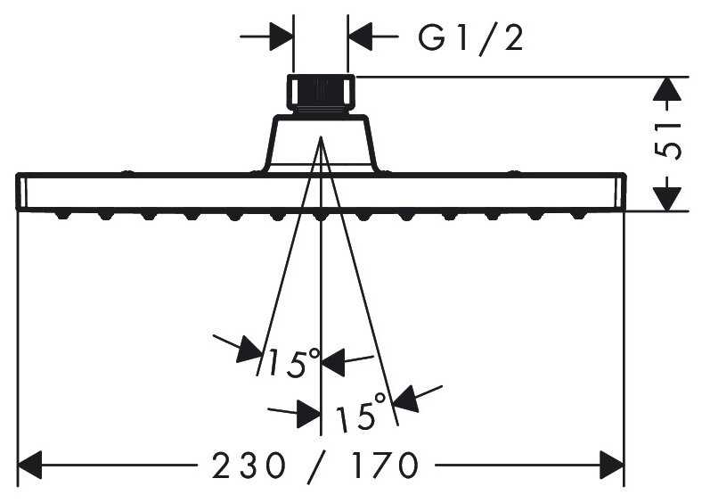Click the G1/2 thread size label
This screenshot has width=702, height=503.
(x=470, y=39)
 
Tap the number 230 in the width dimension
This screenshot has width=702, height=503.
(x=249, y=466)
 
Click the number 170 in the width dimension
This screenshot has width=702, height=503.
(x=384, y=466)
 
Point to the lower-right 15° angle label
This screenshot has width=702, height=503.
(x=361, y=410)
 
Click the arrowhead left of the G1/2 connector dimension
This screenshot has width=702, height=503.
(x=282, y=37)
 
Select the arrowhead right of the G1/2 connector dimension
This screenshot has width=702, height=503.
(x=360, y=37)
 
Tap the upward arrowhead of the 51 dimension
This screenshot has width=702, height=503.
(x=667, y=88)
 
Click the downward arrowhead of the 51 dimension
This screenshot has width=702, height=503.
(x=667, y=199)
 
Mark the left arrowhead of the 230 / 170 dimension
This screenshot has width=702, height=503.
(x=29, y=465)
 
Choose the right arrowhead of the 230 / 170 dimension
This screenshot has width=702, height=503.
(x=611, y=465)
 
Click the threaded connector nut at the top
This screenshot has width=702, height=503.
(x=321, y=93)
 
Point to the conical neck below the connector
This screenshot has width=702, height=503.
(x=321, y=144)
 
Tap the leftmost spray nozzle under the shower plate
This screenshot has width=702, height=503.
(x=62, y=215)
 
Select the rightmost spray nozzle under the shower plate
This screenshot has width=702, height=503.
(x=579, y=215)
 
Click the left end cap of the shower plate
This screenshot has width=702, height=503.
(x=21, y=192)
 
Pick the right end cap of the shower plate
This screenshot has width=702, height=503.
(x=620, y=192)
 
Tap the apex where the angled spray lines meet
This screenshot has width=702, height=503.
(x=321, y=137)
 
